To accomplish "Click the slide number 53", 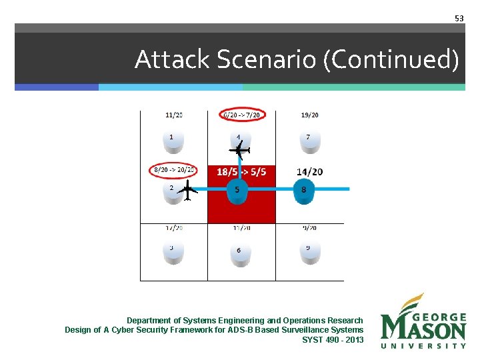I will (459, 19).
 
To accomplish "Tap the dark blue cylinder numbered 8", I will (305, 191).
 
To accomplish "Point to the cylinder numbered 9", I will (309, 252).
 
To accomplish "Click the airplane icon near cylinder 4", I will (241, 152).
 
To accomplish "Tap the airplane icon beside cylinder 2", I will (189, 191).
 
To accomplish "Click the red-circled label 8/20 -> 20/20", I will (173, 170).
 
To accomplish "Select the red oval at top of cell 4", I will (241, 115).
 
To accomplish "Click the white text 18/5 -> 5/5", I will (241, 172).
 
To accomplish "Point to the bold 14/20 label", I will (309, 172).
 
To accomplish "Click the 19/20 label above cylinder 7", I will (309, 115).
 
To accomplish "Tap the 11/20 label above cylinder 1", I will (174, 115).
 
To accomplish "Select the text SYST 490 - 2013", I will (333, 340).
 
